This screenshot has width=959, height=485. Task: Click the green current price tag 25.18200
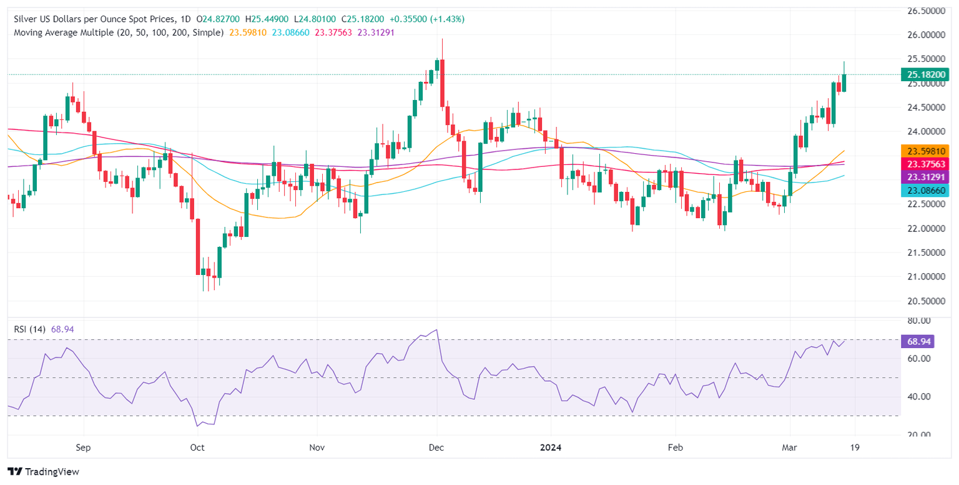[x=925, y=74]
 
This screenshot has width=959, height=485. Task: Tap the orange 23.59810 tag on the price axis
[x=925, y=151]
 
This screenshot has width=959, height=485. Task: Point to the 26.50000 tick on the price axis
[x=925, y=11]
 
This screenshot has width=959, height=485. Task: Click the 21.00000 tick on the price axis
[x=925, y=276]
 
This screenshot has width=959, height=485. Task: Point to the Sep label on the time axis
[x=83, y=448]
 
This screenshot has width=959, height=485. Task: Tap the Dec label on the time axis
[x=436, y=448]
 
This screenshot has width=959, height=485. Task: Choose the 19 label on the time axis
[x=854, y=448]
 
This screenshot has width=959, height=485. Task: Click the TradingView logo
[x=43, y=472]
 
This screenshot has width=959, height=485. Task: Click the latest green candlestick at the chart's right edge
[x=844, y=82]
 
